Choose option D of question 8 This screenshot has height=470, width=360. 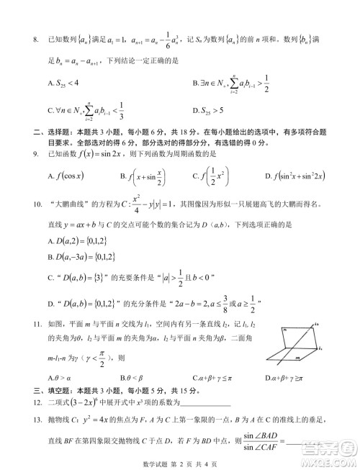pos(212,109)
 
